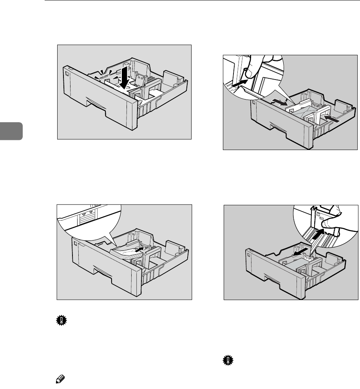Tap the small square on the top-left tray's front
[67, 72]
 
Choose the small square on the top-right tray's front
[254, 103]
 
